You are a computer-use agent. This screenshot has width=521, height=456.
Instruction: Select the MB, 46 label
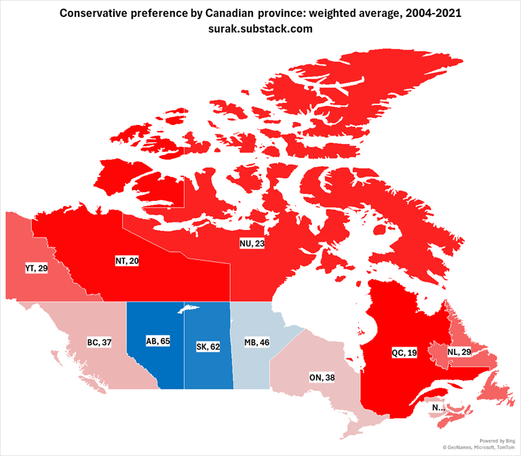[257, 342]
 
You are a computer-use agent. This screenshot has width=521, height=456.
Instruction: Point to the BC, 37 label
[99, 343]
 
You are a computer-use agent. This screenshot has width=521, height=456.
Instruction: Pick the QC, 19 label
[405, 353]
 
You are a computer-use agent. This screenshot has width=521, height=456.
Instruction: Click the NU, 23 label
[252, 244]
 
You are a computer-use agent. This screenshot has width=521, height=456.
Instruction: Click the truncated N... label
[438, 408]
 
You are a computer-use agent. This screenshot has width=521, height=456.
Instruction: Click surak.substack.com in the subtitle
[260, 29]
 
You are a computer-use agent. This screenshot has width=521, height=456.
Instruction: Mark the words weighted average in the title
[351, 14]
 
